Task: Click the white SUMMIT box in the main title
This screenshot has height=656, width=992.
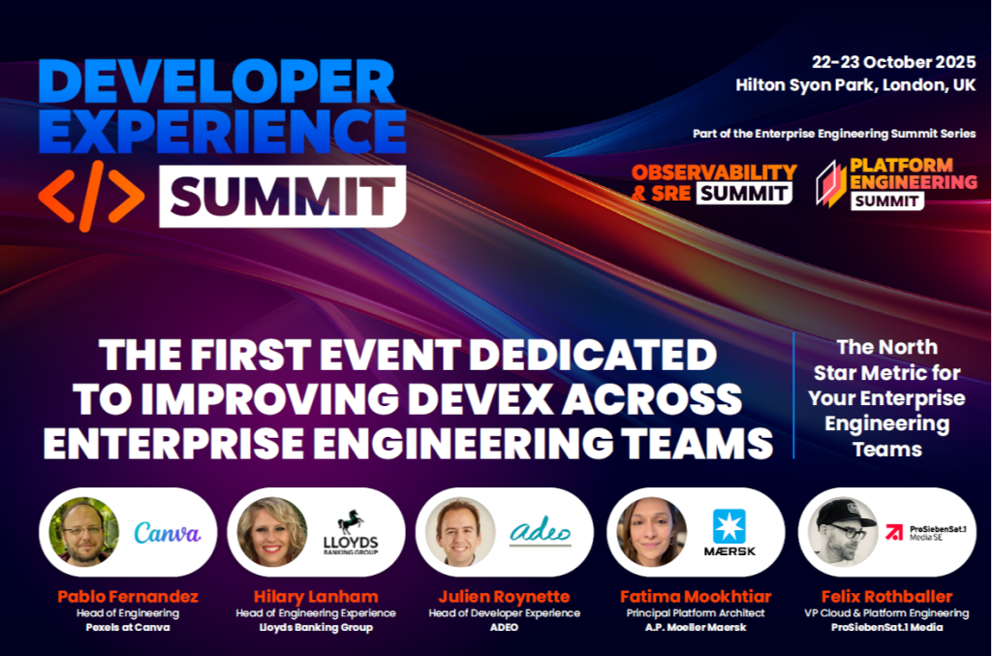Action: click(x=282, y=196)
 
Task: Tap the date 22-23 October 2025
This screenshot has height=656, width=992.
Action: click(x=894, y=61)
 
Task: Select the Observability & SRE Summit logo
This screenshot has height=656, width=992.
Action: click(x=714, y=182)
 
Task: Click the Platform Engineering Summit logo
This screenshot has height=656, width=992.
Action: click(x=895, y=182)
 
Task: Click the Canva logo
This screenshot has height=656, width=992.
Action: click(x=168, y=532)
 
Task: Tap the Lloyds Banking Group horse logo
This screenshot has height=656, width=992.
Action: click(x=351, y=531)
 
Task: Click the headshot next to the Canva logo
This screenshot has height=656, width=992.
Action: click(x=84, y=531)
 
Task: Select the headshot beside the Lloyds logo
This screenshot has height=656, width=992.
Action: click(x=272, y=531)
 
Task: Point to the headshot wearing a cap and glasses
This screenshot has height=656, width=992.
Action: click(x=839, y=531)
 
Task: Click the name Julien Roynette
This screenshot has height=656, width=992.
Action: click(x=504, y=596)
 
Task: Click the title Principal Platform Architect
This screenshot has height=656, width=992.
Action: click(x=692, y=612)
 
